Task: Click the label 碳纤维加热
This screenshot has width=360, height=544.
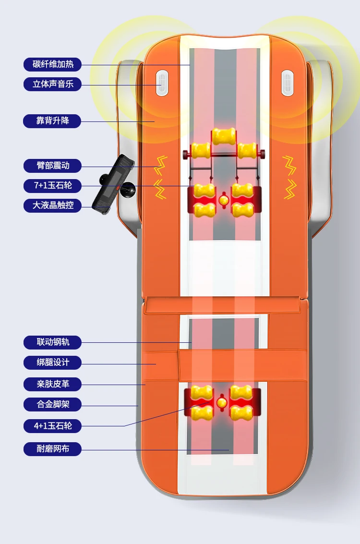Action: pos(52,64)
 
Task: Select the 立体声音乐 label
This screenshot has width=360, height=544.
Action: pos(52,85)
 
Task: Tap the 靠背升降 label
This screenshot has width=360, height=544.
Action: pos(52,121)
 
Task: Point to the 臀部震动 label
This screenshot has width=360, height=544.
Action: pos(52,166)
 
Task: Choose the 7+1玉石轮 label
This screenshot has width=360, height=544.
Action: pos(52,185)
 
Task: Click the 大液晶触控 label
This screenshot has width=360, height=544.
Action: pos(52,206)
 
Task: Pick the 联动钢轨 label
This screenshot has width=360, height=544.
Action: pos(52,342)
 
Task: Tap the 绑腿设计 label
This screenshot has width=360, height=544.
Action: pos(52,363)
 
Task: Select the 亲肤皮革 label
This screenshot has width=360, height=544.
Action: pos(52,384)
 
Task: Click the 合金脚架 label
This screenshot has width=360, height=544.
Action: pos(52,404)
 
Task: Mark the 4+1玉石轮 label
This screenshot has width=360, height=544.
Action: pos(52,425)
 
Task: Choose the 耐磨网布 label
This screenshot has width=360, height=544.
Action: pos(52,449)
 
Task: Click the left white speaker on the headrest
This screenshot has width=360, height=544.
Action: pos(161,83)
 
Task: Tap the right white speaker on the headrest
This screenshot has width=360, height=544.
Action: pos(287,83)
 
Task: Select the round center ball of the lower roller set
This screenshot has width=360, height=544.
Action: pos(222,402)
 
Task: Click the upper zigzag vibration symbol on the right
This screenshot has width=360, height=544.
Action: pos(289,165)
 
